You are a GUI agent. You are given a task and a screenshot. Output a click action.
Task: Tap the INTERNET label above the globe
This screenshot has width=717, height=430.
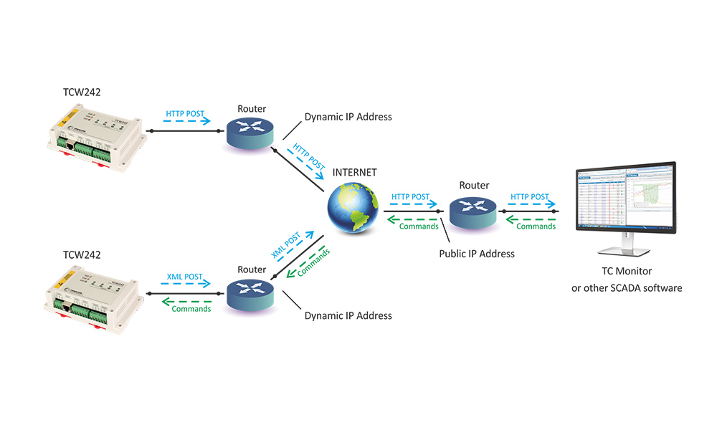pyautogui.click(x=354, y=173)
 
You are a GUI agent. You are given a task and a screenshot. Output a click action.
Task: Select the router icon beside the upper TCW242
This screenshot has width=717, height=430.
pyautogui.click(x=252, y=133)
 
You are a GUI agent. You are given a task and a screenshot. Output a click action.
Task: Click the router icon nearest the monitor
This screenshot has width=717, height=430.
pyautogui.click(x=473, y=212)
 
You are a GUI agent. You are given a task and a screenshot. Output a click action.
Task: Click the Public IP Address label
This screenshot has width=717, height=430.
pyautogui.click(x=477, y=254)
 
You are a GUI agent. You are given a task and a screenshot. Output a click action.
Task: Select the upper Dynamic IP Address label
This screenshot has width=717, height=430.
pyautogui.click(x=348, y=117)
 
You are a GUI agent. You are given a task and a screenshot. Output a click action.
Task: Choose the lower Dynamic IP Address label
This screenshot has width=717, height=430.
pyautogui.click(x=348, y=315)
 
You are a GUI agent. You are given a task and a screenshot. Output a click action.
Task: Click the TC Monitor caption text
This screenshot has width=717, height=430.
pyautogui.click(x=626, y=273)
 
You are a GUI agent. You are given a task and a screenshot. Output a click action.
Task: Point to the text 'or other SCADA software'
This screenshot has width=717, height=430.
pyautogui.click(x=626, y=288)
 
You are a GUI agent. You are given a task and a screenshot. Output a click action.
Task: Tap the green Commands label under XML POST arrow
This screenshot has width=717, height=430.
pyautogui.click(x=191, y=309)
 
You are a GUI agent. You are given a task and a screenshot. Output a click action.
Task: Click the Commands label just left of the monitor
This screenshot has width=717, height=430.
pyautogui.click(x=536, y=226)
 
